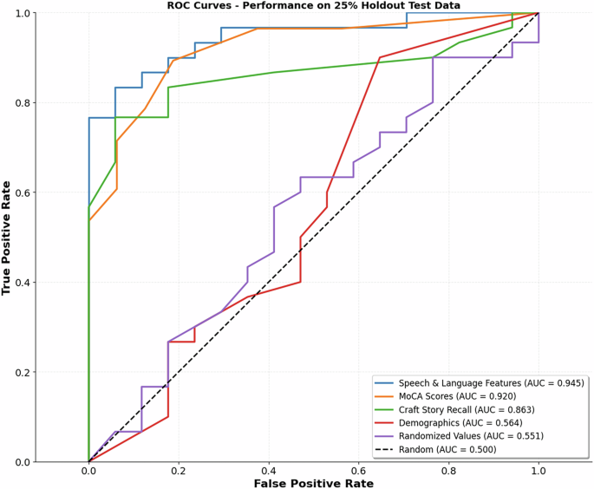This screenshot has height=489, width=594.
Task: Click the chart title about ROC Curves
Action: point(314,6)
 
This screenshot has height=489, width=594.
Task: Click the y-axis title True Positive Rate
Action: point(7,238)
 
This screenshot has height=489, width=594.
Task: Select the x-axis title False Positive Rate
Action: point(314,482)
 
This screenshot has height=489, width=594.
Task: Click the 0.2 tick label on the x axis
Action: point(179,470)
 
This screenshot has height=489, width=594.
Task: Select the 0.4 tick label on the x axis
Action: point(269,470)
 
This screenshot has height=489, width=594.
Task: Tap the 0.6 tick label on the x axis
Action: point(359,470)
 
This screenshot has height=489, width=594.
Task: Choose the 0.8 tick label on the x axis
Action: point(449,470)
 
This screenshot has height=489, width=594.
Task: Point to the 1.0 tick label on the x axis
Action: point(539,470)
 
